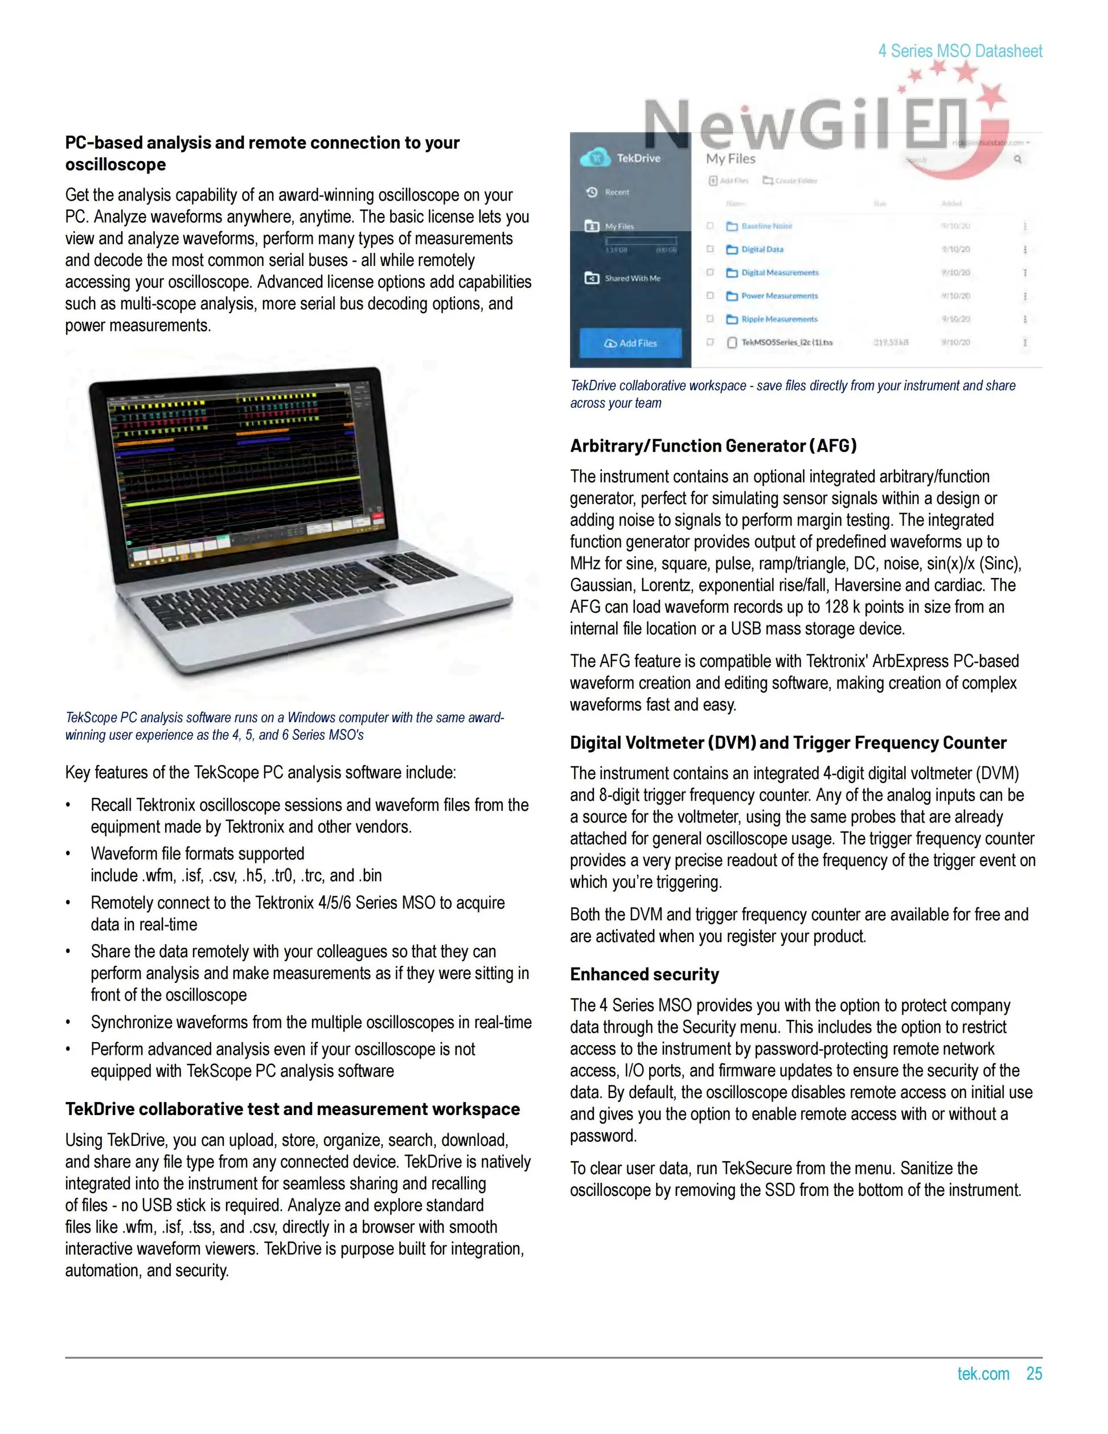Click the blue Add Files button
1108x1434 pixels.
(630, 343)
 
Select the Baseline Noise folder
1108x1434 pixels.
(766, 226)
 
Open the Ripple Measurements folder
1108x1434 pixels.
(778, 319)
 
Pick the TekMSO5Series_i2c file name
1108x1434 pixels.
(786, 342)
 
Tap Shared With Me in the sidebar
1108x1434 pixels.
(632, 278)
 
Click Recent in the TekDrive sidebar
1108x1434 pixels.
(617, 192)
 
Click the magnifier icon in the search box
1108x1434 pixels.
(1017, 159)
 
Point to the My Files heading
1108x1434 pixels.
(731, 158)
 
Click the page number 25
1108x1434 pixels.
(1034, 1374)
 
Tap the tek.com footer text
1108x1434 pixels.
(983, 1374)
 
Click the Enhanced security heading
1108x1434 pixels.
(644, 974)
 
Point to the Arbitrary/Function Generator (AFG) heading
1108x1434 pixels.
(713, 446)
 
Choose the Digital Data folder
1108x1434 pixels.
(761, 249)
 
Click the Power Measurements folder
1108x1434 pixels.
(779, 296)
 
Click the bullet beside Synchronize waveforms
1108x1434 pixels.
(68, 1022)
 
